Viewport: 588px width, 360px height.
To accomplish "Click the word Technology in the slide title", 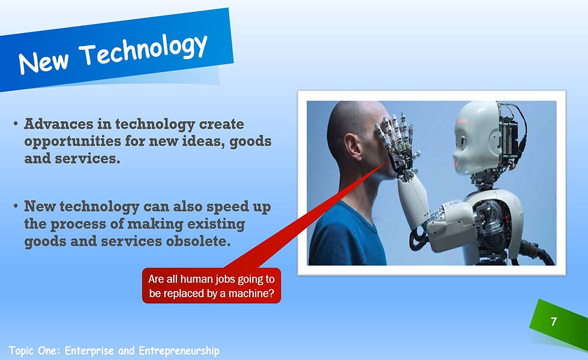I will [x=144, y=50].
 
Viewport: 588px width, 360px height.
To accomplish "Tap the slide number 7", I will [x=553, y=322].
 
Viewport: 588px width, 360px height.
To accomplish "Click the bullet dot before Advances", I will [x=16, y=125].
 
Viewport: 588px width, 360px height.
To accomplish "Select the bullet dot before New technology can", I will [x=16, y=207].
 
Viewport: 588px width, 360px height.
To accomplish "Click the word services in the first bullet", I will [x=87, y=160].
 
